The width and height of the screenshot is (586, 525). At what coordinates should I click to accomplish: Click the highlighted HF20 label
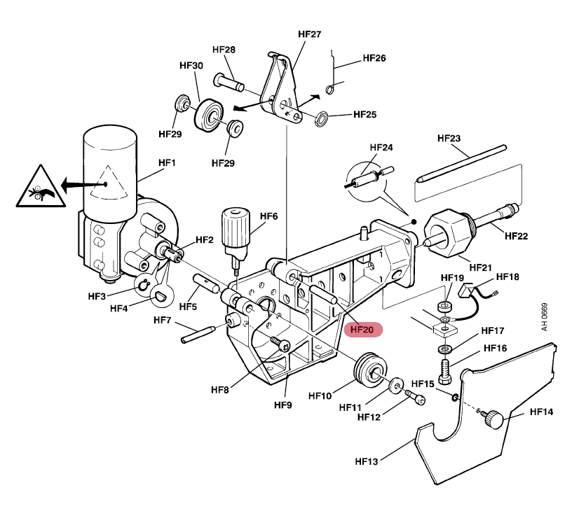coord(362,329)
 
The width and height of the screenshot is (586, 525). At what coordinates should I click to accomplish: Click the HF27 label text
coord(309,34)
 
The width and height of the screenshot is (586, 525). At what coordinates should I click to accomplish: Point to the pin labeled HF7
coord(207,331)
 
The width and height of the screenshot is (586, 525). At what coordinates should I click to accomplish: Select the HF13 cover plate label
coord(367,461)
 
